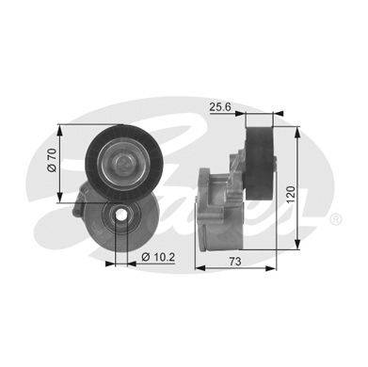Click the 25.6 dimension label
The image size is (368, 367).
[x=220, y=107]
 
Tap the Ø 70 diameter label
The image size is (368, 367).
[x=52, y=160]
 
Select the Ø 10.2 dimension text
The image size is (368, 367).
[x=158, y=258]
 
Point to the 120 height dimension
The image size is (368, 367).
[x=291, y=194]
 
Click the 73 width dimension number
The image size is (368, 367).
[x=235, y=262]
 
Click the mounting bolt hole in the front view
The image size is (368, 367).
[x=121, y=215]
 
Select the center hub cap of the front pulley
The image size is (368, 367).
[x=124, y=164]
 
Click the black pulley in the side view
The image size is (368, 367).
[x=260, y=163]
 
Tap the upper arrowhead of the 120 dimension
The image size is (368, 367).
[x=297, y=133]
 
